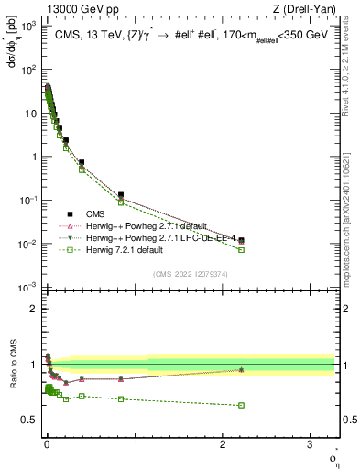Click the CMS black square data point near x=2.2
241,241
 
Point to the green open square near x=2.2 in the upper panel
241,249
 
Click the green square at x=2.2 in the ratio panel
241,405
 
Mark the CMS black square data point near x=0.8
121,195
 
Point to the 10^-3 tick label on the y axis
28,288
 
